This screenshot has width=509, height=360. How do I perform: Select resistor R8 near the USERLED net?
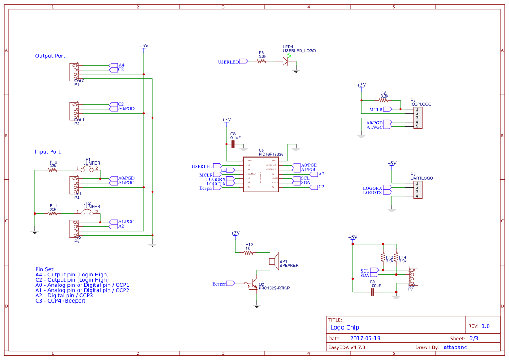pos(262,62)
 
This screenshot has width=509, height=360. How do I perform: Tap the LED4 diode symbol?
pos(286,61)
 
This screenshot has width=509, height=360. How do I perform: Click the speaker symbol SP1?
pos(273,261)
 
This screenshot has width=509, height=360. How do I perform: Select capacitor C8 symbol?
pos(233,143)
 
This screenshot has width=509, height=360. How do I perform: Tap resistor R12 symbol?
pos(248,252)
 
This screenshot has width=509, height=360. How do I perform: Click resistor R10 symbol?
pos(53,170)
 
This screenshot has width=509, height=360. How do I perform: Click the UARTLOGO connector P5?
pos(417,189)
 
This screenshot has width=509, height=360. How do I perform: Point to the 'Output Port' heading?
pos(50,56)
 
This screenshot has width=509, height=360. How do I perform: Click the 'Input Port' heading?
pos(47,152)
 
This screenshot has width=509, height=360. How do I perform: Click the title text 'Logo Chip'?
pos(344,327)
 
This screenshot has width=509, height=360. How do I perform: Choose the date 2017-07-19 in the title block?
pos(365,338)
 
